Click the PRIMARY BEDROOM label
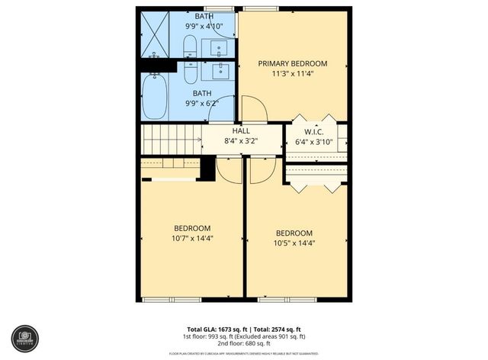292,63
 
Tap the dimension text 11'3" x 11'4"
292,74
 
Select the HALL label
241,131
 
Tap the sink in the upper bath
219,48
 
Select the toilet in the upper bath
191,45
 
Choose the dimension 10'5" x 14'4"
294,243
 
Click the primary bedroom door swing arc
255,108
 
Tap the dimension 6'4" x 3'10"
314,141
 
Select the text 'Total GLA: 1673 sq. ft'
210,329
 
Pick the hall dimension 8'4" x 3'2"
241,141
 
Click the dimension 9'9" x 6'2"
202,104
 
